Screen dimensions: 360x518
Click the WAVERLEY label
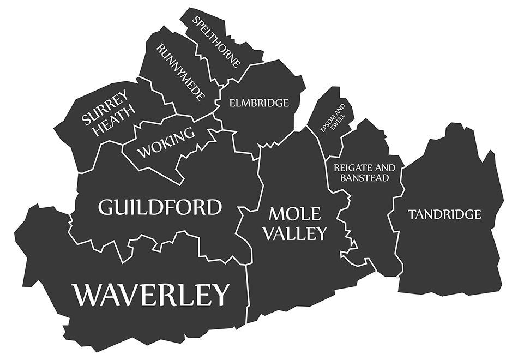coord(152,295)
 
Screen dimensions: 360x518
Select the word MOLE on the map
coord(295,213)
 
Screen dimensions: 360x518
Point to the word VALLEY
coord(295,233)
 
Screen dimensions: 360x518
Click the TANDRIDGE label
coord(445,214)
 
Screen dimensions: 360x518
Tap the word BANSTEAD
coord(364,178)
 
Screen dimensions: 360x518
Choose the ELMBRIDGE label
coord(259,103)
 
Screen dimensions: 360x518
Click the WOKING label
coord(166,143)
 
